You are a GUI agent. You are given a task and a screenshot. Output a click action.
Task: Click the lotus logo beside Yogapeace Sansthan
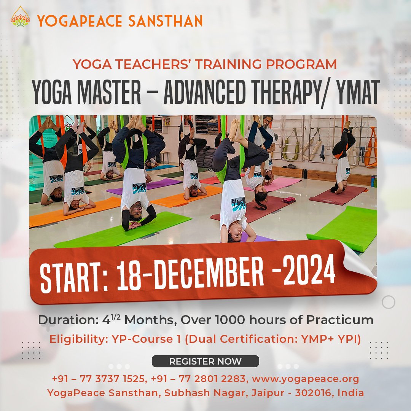click(x=20, y=17)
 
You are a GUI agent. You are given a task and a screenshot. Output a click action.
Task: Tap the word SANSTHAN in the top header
click(x=166, y=21)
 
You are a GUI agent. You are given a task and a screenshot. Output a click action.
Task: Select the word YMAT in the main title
click(x=358, y=92)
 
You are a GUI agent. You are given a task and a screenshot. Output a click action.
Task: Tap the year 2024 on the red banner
click(x=309, y=270)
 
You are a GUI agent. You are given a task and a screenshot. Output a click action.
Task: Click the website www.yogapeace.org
click(x=305, y=379)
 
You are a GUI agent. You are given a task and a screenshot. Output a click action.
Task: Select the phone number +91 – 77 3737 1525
click(x=99, y=379)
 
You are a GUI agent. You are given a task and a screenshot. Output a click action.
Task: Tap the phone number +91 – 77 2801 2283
click(x=199, y=379)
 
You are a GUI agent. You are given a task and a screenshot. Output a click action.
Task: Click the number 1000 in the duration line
click(x=230, y=320)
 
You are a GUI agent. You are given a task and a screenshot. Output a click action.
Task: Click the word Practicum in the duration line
click(x=340, y=320)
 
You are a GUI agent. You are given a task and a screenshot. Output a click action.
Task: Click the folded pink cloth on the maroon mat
click(x=288, y=200)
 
